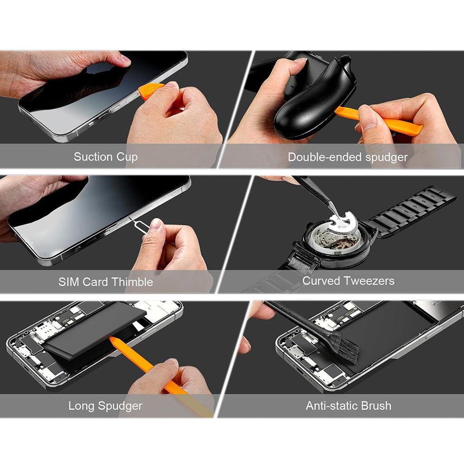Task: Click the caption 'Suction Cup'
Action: pos(105,157)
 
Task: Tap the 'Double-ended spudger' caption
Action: pos(348,157)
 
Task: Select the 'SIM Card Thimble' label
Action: pos(105,282)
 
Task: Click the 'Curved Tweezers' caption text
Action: pos(348,281)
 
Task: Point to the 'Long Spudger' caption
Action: pos(105,406)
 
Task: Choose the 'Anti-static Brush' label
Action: pos(348,406)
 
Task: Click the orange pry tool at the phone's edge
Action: pos(151,90)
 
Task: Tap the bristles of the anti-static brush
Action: pos(346,347)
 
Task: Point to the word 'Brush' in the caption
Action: pos(374,406)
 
